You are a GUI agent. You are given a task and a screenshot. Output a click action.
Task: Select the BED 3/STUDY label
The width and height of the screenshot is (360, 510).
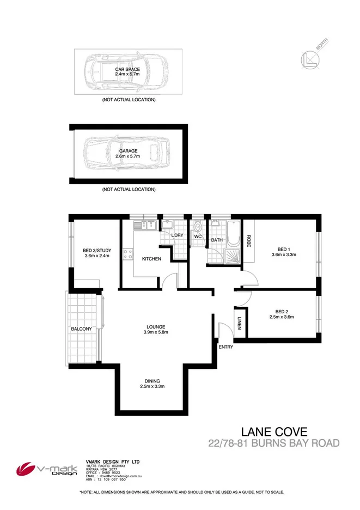pos(97,250)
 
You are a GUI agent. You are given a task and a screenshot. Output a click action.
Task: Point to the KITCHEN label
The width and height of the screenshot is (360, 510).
pos(151,259)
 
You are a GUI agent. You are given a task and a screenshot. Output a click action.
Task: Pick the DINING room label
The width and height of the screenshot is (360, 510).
pos(152,381)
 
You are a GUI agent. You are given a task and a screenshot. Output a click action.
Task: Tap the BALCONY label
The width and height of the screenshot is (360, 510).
pos(80,329)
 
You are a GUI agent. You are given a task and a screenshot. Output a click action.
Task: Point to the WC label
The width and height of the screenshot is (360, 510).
pos(198,236)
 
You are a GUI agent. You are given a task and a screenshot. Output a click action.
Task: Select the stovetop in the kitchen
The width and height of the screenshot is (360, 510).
pos(127,253)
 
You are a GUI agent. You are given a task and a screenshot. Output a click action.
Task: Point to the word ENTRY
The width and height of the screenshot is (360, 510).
pos(225,347)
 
